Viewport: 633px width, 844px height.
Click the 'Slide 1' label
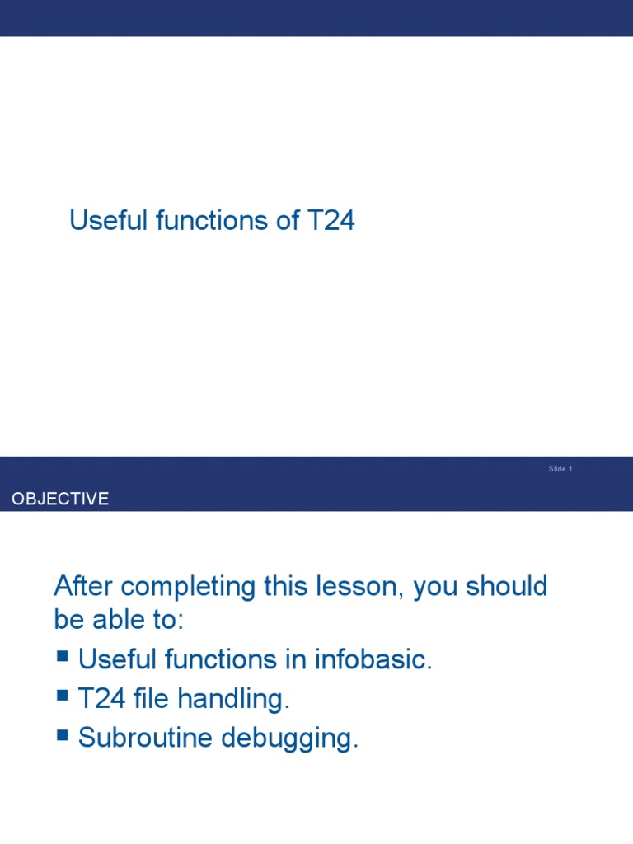tap(560, 469)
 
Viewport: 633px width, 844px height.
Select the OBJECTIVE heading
tap(60, 499)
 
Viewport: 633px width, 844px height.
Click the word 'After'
tap(86, 587)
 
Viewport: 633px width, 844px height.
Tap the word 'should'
tap(507, 587)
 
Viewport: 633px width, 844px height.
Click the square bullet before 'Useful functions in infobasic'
tap(63, 656)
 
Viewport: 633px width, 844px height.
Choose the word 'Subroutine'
tap(145, 738)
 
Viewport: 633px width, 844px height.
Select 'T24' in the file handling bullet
tap(101, 699)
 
